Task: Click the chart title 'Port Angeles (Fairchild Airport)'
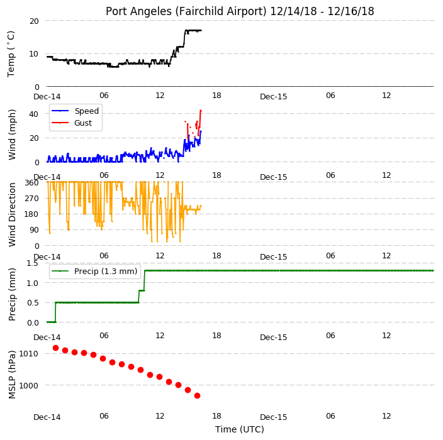click(186, 11)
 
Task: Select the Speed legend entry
click(75, 111)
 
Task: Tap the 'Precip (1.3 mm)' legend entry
click(94, 271)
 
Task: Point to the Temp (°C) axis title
click(11, 54)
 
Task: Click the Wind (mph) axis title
click(12, 135)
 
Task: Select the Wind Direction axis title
click(12, 214)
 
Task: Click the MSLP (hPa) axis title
click(12, 375)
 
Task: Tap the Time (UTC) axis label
click(240, 429)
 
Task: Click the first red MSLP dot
click(55, 348)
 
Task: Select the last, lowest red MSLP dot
click(197, 396)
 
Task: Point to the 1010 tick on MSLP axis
click(28, 353)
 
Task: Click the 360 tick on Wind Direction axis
click(31, 183)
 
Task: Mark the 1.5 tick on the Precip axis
click(32, 263)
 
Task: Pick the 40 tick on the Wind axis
click(33, 114)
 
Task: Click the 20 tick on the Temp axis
click(34, 21)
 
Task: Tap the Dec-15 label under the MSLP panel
click(273, 417)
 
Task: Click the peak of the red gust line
click(201, 111)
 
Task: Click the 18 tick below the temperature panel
click(216, 96)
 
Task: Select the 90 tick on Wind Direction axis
click(34, 230)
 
